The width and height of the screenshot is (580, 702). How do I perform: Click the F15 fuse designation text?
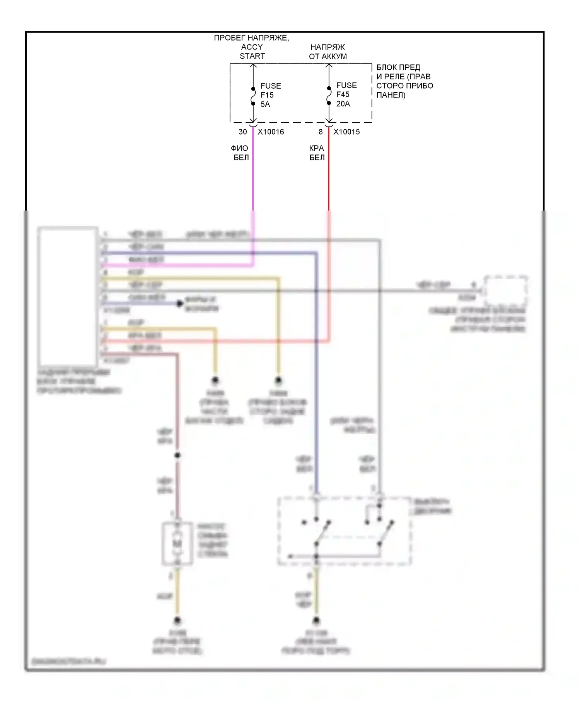267,95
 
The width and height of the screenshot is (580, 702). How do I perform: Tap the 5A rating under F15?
265,104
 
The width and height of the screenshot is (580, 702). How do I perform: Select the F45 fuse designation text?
343,94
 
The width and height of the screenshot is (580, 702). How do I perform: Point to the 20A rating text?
343,104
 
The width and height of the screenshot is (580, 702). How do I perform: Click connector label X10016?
271,132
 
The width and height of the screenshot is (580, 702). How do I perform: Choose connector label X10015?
346,132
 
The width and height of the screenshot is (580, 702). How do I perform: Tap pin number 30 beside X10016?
242,132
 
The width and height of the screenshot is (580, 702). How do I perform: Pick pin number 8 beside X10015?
321,132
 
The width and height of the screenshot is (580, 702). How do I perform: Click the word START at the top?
252,56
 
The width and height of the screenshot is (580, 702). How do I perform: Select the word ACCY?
252,47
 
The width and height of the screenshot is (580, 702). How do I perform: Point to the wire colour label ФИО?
239,148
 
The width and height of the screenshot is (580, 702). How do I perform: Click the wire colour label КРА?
316,148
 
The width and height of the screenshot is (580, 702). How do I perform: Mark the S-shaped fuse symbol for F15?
253,96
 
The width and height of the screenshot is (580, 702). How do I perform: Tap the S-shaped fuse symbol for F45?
329,96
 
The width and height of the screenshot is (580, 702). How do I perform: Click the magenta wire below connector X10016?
253,174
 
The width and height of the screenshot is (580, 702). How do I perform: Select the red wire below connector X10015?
329,174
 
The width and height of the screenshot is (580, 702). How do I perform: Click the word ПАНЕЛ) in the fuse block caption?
391,95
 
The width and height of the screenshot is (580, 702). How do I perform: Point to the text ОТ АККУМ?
328,57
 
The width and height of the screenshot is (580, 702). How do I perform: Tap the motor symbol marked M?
177,544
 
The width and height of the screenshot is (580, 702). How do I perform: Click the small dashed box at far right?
506,291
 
